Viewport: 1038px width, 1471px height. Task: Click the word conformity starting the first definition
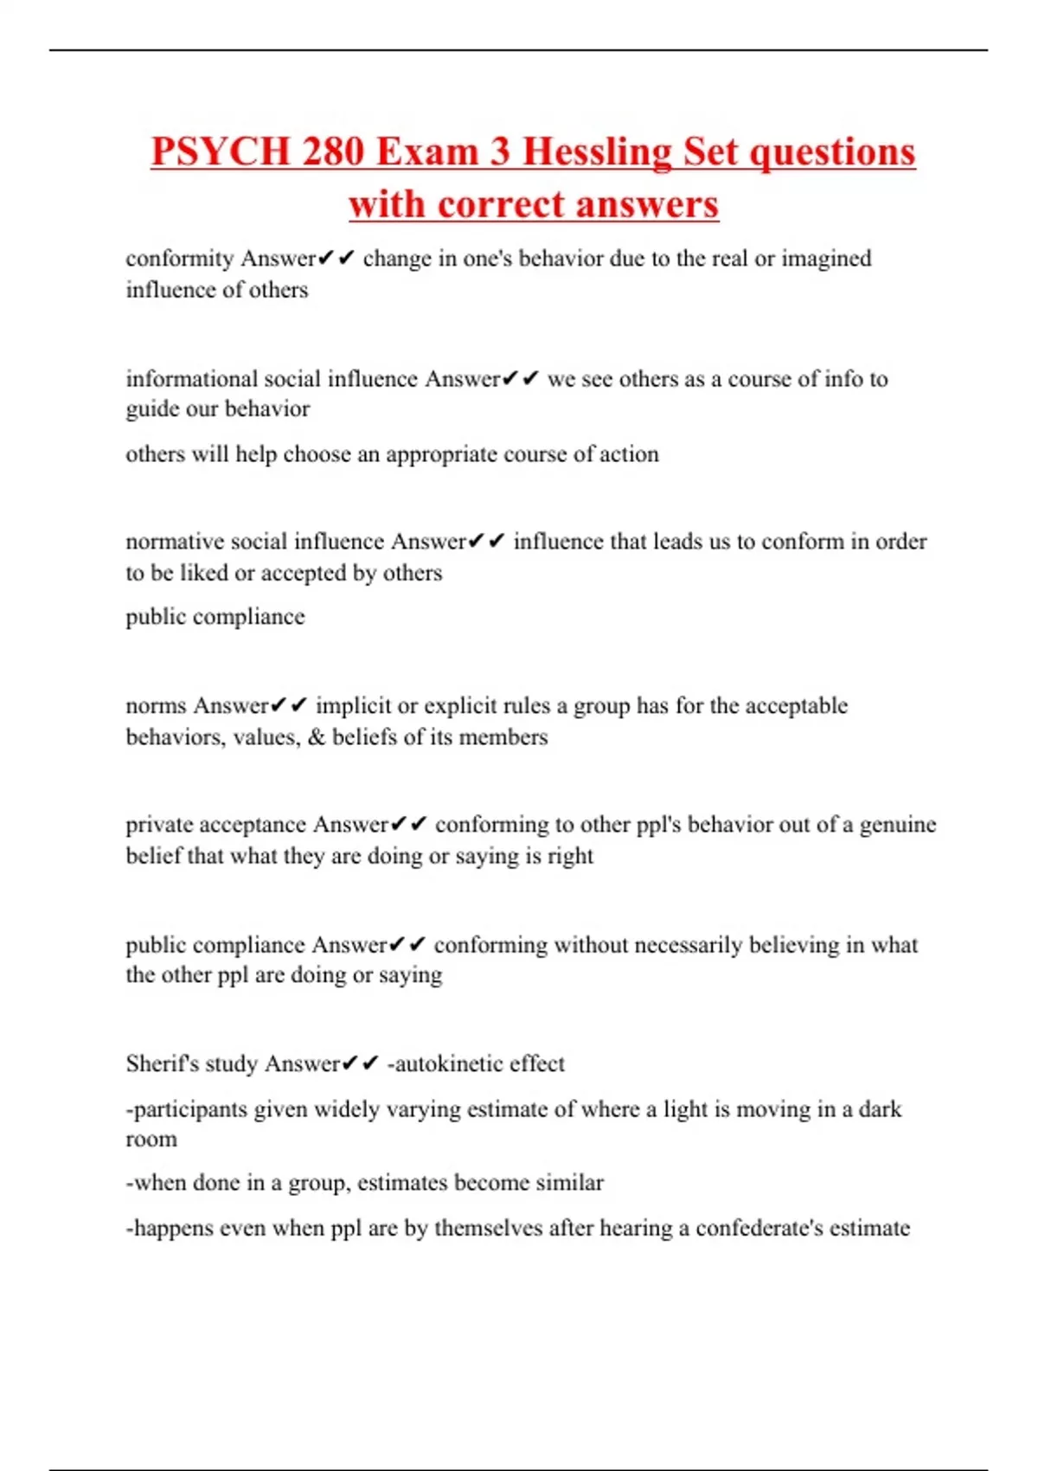(180, 259)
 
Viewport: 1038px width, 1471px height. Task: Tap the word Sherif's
(162, 1063)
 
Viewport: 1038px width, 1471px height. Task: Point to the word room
(151, 1140)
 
